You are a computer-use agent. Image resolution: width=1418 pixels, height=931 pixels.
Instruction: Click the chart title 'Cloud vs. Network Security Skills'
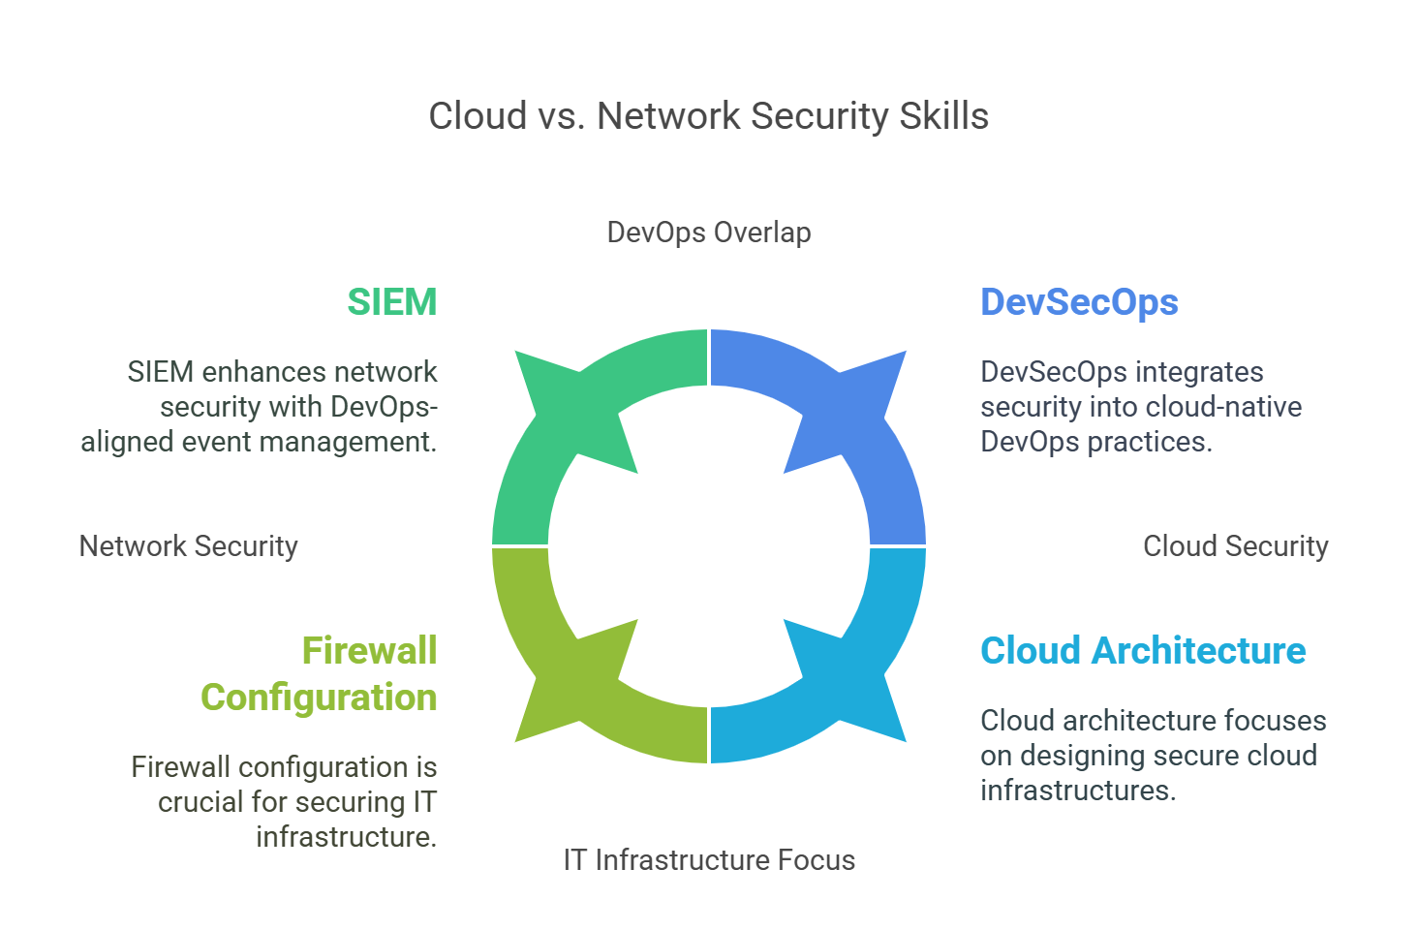[708, 116]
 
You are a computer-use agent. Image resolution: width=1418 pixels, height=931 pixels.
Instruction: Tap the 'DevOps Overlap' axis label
[708, 233]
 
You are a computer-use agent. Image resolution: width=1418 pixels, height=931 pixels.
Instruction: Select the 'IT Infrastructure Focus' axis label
[709, 860]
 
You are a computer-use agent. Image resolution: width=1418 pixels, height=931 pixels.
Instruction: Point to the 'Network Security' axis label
[188, 546]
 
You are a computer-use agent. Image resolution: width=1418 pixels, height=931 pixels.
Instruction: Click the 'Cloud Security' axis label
[1235, 546]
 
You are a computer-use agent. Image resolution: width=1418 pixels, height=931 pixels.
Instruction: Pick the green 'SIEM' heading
[392, 302]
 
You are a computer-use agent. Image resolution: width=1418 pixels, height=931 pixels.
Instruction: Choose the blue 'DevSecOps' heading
[1079, 302]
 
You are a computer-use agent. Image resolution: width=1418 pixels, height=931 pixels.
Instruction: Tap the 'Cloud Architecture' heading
[1143, 651]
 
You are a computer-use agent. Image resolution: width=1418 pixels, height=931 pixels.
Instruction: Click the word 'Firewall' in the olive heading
[369, 651]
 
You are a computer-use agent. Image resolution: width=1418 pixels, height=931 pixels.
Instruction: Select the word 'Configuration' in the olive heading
[319, 698]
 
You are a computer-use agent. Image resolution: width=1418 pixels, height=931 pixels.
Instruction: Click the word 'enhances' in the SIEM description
[256, 372]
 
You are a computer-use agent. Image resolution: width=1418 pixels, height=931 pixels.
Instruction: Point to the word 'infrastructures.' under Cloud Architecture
[1078, 791]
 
